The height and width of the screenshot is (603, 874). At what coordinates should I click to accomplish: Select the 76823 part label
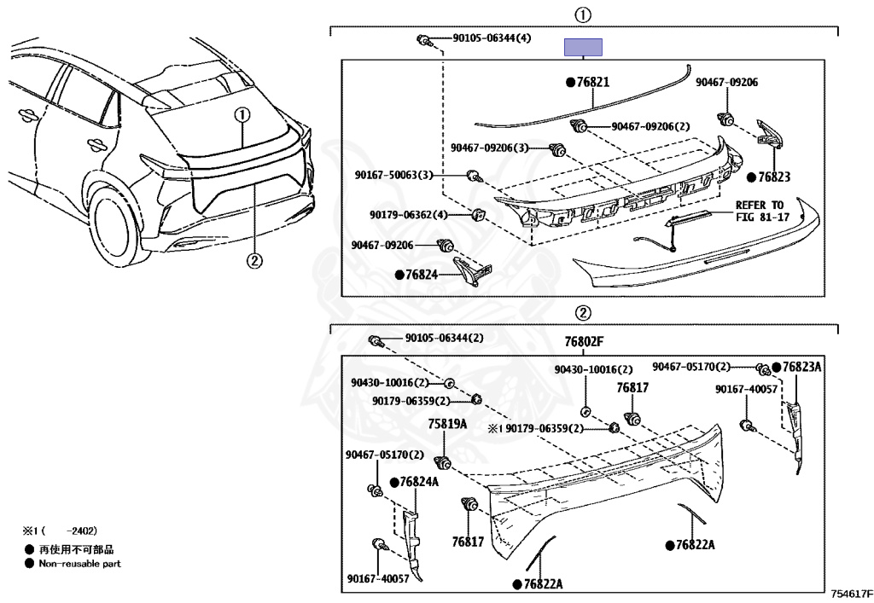pos(772,177)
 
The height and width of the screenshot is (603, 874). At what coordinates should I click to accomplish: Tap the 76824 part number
pos(422,275)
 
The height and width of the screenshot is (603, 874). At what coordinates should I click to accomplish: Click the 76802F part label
pos(583,341)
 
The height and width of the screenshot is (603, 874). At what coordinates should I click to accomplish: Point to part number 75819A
pos(447,423)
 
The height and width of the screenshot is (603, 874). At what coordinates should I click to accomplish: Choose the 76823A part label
pos(801,367)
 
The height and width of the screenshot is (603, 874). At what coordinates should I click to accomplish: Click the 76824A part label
pos(418,482)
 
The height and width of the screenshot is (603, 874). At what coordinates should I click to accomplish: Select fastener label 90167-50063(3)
pos(394,176)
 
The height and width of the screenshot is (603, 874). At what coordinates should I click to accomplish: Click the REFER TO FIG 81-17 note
pos(759,211)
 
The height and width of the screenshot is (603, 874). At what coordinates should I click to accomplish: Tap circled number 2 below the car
pos(253,261)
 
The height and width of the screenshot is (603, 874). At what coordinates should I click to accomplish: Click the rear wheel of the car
pos(110,221)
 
